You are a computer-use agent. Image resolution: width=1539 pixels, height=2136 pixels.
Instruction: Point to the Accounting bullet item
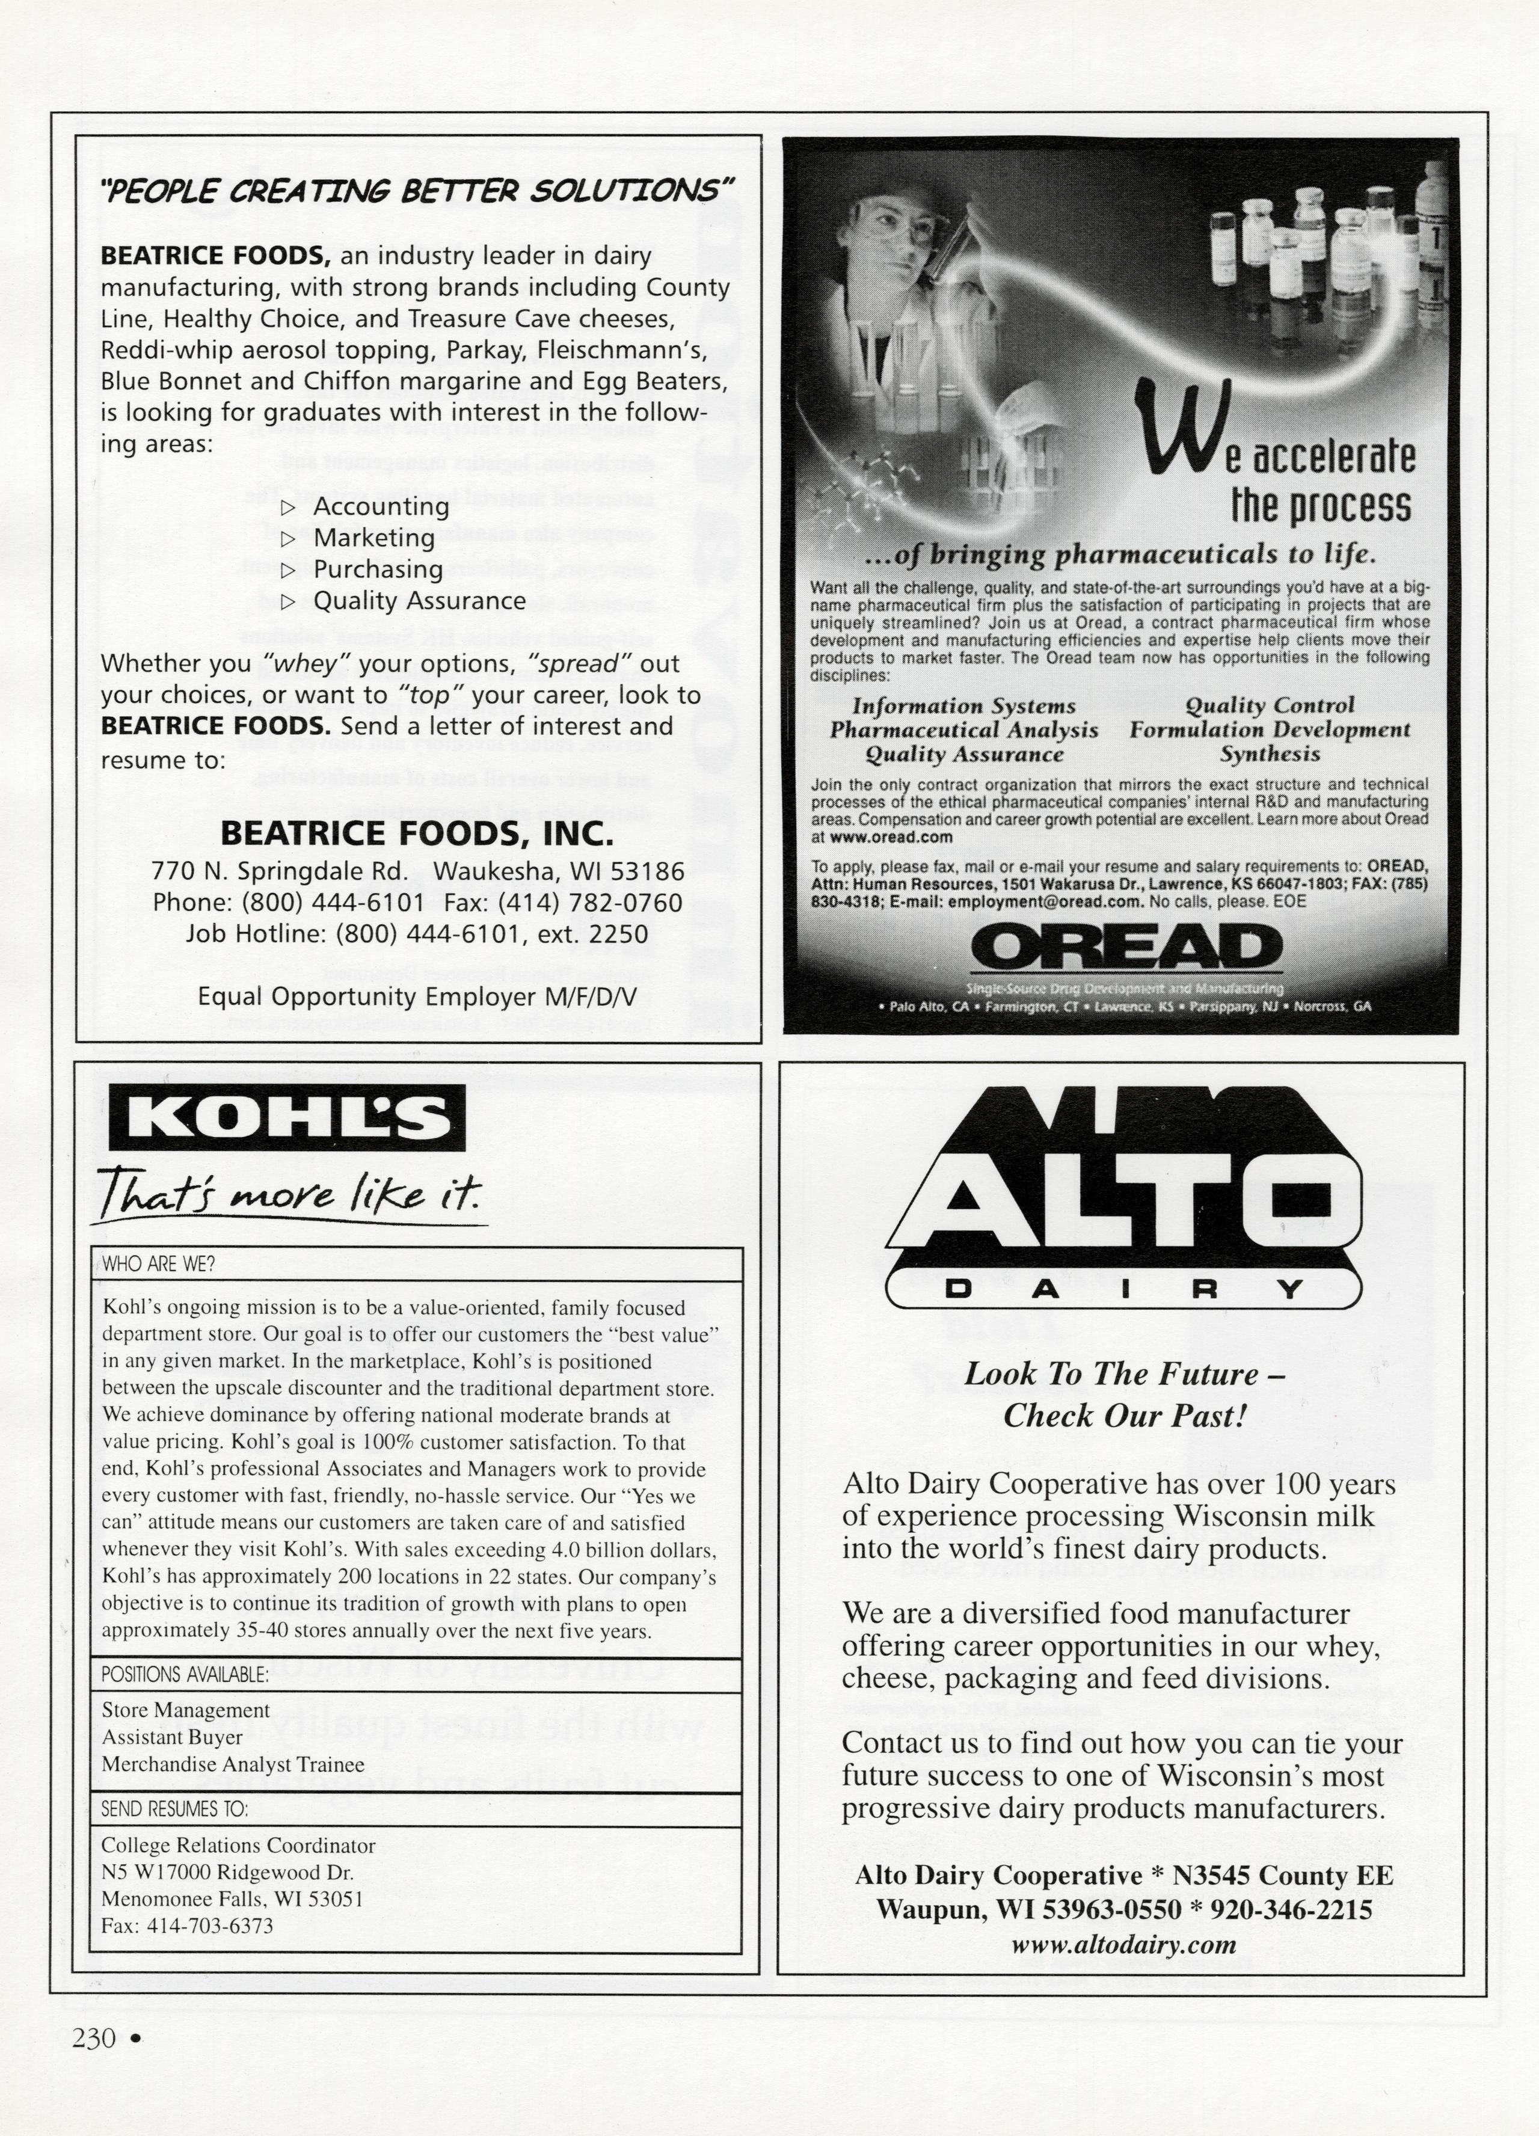[x=381, y=507]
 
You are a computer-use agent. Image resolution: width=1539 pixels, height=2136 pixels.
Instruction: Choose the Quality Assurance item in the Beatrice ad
[x=419, y=601]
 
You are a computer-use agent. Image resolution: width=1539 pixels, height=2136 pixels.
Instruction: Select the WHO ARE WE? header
[x=158, y=1265]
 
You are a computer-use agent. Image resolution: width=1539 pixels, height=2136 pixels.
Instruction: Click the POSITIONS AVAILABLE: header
[x=186, y=1675]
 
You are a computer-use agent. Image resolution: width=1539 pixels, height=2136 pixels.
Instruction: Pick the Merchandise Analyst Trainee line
[x=233, y=1764]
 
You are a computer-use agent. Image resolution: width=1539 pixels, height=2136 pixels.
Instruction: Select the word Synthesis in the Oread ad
[x=1270, y=754]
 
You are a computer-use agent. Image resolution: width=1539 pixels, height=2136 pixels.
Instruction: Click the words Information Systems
[x=963, y=707]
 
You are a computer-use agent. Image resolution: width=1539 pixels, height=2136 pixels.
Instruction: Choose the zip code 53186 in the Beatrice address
[x=648, y=871]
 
